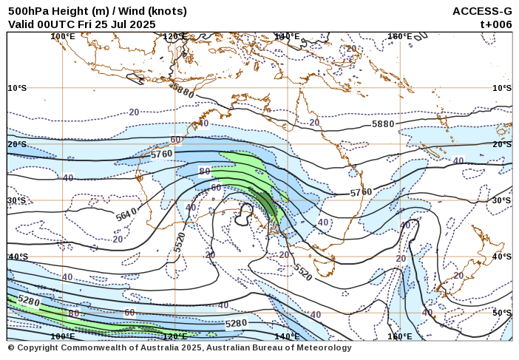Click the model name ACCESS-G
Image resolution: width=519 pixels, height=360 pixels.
point(482,11)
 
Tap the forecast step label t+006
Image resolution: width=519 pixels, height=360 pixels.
point(495,24)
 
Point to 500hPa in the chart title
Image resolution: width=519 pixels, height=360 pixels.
point(27,11)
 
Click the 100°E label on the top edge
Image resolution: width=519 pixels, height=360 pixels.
point(63,36)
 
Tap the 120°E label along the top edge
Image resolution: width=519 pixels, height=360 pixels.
point(175,36)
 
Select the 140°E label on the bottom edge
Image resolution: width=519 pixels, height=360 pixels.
point(287,336)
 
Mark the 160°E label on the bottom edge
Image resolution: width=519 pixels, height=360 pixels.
point(399,336)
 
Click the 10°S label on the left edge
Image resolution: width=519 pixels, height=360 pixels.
point(17,88)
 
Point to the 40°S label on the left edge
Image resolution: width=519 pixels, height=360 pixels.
point(17,257)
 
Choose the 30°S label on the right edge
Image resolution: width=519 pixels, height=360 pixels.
point(502,200)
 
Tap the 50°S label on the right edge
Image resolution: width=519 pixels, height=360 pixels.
point(502,313)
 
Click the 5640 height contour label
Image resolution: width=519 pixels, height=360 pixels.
point(126,215)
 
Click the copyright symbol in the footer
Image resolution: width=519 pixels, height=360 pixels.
point(11,347)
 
